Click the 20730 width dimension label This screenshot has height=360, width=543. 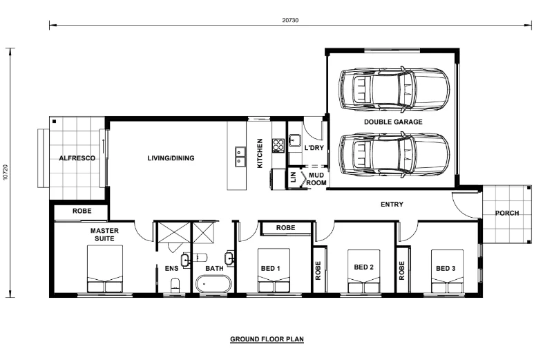(290, 20)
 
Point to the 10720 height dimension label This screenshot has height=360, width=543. (6, 172)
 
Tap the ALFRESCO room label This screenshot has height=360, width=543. (77, 158)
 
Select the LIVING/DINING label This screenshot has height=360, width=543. (171, 158)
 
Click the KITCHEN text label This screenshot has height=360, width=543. (260, 153)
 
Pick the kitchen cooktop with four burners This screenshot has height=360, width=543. (278, 145)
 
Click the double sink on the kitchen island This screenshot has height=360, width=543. (240, 157)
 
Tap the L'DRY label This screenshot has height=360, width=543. (314, 148)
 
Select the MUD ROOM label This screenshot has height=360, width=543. (316, 179)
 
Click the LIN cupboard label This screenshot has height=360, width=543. (294, 177)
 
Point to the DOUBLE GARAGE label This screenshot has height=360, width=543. (393, 122)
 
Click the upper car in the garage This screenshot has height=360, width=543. (394, 89)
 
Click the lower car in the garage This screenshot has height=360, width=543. (394, 155)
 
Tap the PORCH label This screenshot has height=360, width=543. (507, 213)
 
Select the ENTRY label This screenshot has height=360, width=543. (392, 205)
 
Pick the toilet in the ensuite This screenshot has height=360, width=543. (176, 285)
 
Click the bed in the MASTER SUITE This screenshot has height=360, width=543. (105, 269)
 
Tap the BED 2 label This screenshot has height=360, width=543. (363, 267)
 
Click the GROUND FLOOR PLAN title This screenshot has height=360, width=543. (267, 339)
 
